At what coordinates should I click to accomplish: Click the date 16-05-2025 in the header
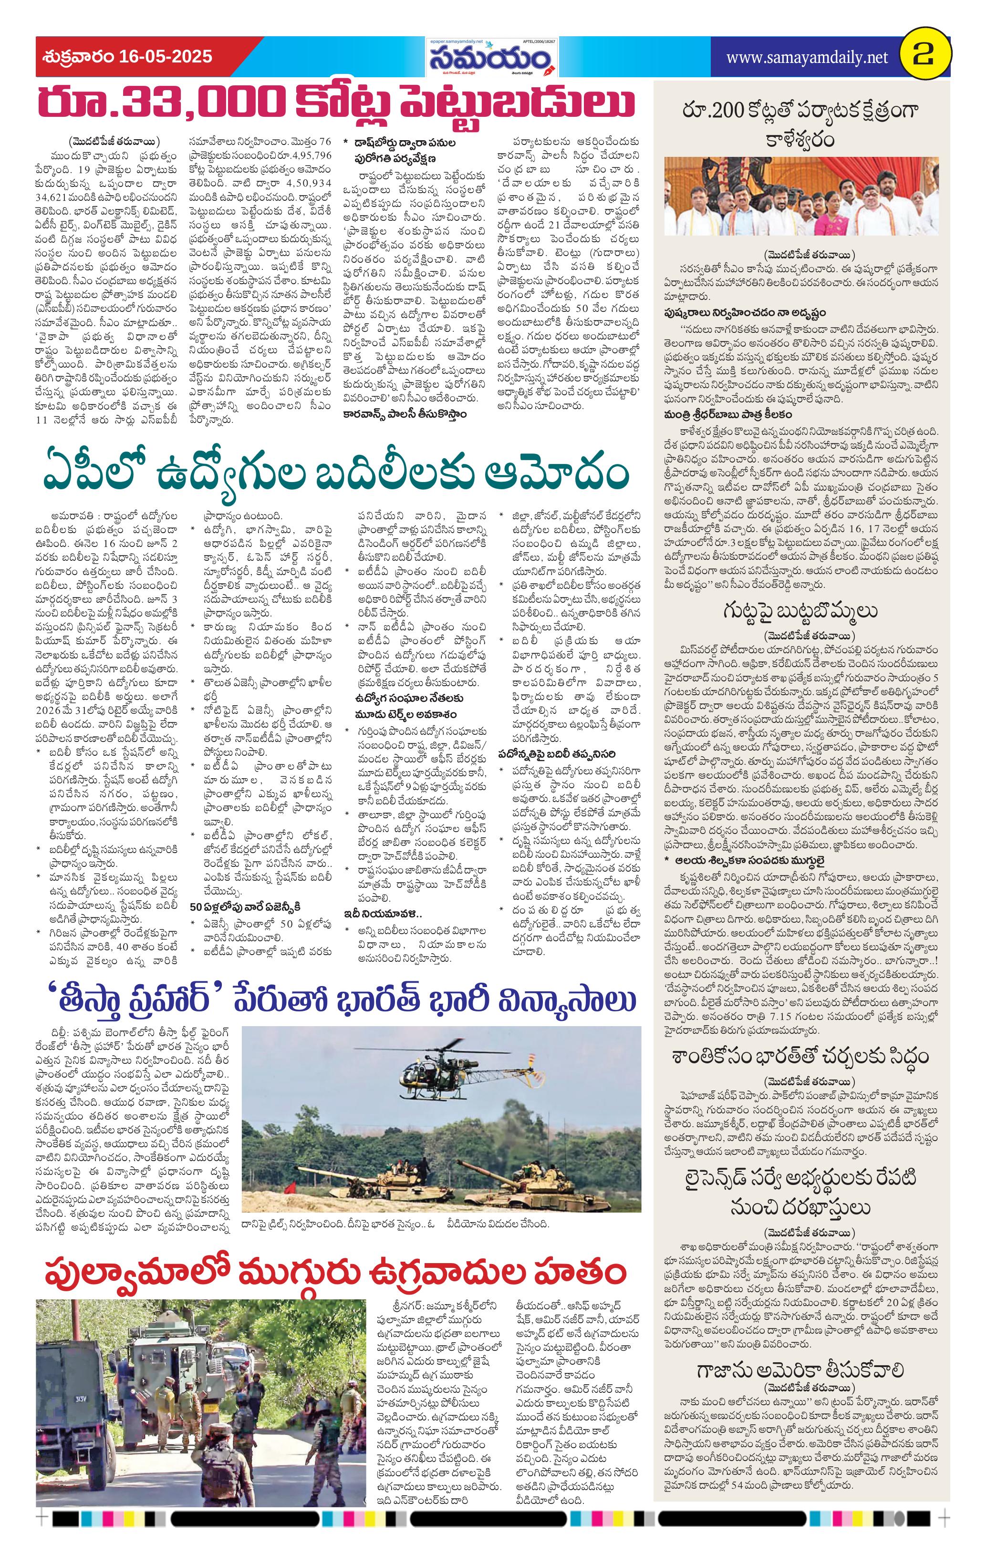tap(166, 57)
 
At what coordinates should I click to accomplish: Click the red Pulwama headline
tap(338, 1273)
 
